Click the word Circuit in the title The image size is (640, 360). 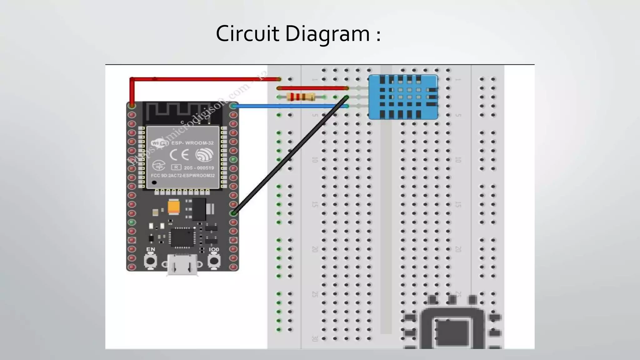247,34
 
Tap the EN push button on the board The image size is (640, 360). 151,261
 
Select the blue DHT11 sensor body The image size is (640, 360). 403,97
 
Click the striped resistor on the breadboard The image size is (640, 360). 301,97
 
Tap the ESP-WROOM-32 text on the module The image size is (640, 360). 192,143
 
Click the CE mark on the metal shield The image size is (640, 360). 179,155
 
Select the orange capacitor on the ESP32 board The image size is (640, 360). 173,207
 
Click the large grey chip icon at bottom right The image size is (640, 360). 452,328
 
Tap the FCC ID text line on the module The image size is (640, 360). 183,176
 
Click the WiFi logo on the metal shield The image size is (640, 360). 160,143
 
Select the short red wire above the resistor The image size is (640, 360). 312,88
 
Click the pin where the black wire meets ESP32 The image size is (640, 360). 233,213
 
